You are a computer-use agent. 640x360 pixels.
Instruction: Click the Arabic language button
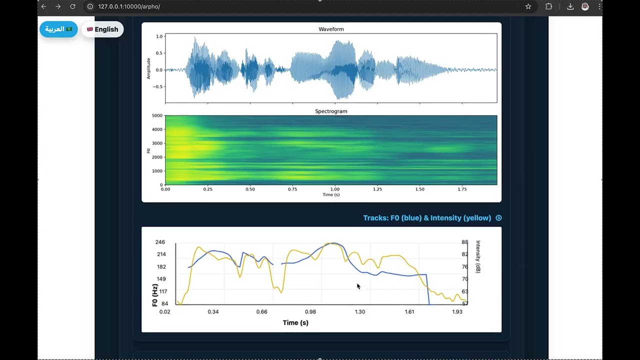(58, 29)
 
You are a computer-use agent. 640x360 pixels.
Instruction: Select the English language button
(102, 29)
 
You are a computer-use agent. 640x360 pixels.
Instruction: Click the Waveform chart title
(331, 29)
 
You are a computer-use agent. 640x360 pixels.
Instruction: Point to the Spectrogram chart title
(331, 111)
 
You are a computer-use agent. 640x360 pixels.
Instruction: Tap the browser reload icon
(73, 6)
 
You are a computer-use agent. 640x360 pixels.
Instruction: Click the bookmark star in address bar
(528, 6)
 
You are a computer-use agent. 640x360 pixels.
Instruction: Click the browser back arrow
(43, 6)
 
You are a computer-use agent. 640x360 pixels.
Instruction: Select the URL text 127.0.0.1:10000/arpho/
(129, 6)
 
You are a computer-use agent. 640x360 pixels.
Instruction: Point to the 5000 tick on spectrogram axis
(157, 115)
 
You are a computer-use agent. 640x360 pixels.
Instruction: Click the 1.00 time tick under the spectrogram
(335, 189)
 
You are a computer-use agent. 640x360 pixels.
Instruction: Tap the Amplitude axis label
(148, 68)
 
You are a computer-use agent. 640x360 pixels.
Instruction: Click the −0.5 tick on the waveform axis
(157, 86)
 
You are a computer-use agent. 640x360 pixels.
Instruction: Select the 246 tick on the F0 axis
(160, 242)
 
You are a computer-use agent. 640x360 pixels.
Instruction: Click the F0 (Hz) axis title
(155, 295)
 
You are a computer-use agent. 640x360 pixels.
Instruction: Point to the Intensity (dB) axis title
(478, 257)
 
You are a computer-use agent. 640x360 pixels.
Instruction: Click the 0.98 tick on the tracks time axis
(310, 311)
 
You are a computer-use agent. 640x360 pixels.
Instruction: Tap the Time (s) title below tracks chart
(295, 323)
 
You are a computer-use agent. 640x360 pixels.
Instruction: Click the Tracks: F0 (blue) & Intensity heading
(427, 218)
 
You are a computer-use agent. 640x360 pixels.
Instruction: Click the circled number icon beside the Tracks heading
(498, 218)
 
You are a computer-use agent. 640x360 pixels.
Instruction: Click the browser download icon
(570, 6)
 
